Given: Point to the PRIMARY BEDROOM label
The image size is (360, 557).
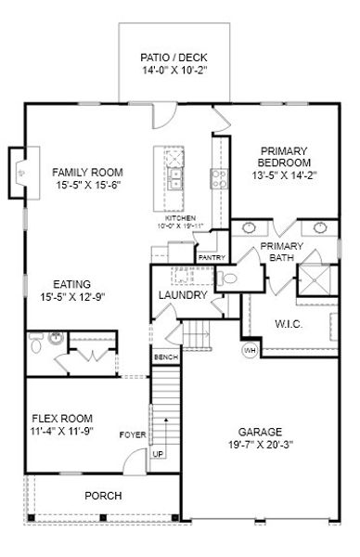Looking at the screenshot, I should [283, 163].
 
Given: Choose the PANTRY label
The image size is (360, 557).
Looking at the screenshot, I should [212, 257].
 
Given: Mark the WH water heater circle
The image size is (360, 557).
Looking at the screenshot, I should [250, 350].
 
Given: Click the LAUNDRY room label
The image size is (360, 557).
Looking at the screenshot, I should [182, 295].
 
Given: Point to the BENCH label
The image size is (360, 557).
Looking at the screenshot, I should [165, 356].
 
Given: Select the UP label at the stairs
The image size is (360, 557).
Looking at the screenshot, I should [157, 453].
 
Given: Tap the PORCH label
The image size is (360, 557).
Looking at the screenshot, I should [103, 496].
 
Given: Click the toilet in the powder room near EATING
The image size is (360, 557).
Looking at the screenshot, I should [35, 346].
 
